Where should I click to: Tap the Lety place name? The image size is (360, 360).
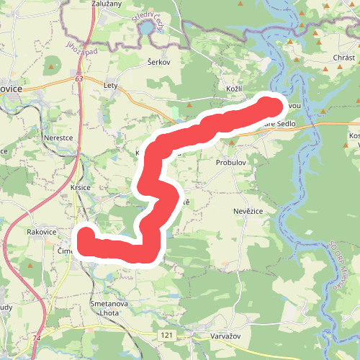(110, 85)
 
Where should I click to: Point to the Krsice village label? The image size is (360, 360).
(80, 186)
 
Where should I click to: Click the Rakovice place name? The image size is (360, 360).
(41, 232)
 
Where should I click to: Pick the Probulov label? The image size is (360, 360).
(231, 163)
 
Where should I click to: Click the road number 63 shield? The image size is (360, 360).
(78, 80)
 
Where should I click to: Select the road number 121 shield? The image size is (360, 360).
(166, 336)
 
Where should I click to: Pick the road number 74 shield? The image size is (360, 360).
(37, 336)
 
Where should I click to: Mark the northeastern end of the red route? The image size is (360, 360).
(271, 107)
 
